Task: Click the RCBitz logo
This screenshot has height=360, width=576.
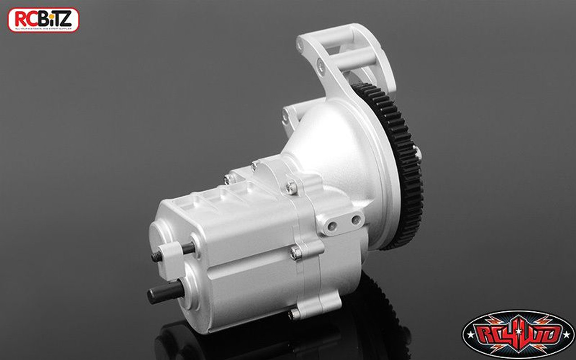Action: (43, 20)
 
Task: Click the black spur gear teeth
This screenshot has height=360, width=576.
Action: (405, 162)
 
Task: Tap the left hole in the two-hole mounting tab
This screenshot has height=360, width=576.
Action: (333, 225)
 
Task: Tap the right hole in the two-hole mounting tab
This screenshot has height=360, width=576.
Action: (355, 220)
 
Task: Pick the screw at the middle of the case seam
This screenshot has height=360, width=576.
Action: (295, 253)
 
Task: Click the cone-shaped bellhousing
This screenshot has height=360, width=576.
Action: (333, 144)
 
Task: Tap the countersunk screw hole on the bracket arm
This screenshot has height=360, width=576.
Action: (320, 66)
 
